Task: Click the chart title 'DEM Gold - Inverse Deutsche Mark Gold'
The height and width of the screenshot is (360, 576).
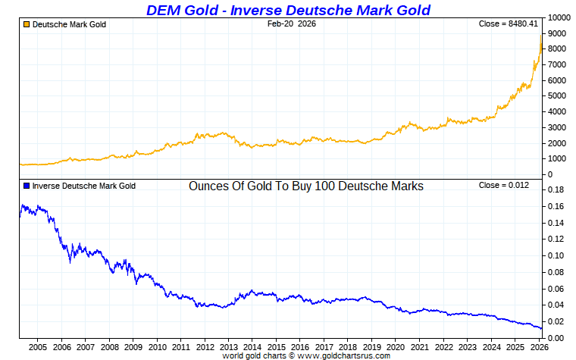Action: (x=288, y=10)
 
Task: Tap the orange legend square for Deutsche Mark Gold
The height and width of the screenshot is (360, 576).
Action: (x=26, y=24)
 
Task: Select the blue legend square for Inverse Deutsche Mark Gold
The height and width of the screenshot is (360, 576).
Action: (x=26, y=186)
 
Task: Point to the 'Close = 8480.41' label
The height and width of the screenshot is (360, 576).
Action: (x=509, y=24)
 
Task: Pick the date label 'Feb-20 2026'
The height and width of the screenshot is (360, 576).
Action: (x=292, y=24)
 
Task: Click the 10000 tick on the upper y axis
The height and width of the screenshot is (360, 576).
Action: (x=559, y=17)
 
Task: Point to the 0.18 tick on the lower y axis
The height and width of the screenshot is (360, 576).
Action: (x=556, y=190)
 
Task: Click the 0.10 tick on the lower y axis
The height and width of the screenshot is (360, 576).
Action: (x=556, y=255)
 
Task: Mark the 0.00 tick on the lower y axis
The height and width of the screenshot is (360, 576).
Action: (x=556, y=337)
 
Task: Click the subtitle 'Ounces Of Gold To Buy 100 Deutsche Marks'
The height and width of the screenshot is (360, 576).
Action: (x=305, y=186)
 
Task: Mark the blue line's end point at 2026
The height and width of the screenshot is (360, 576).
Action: (x=541, y=329)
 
